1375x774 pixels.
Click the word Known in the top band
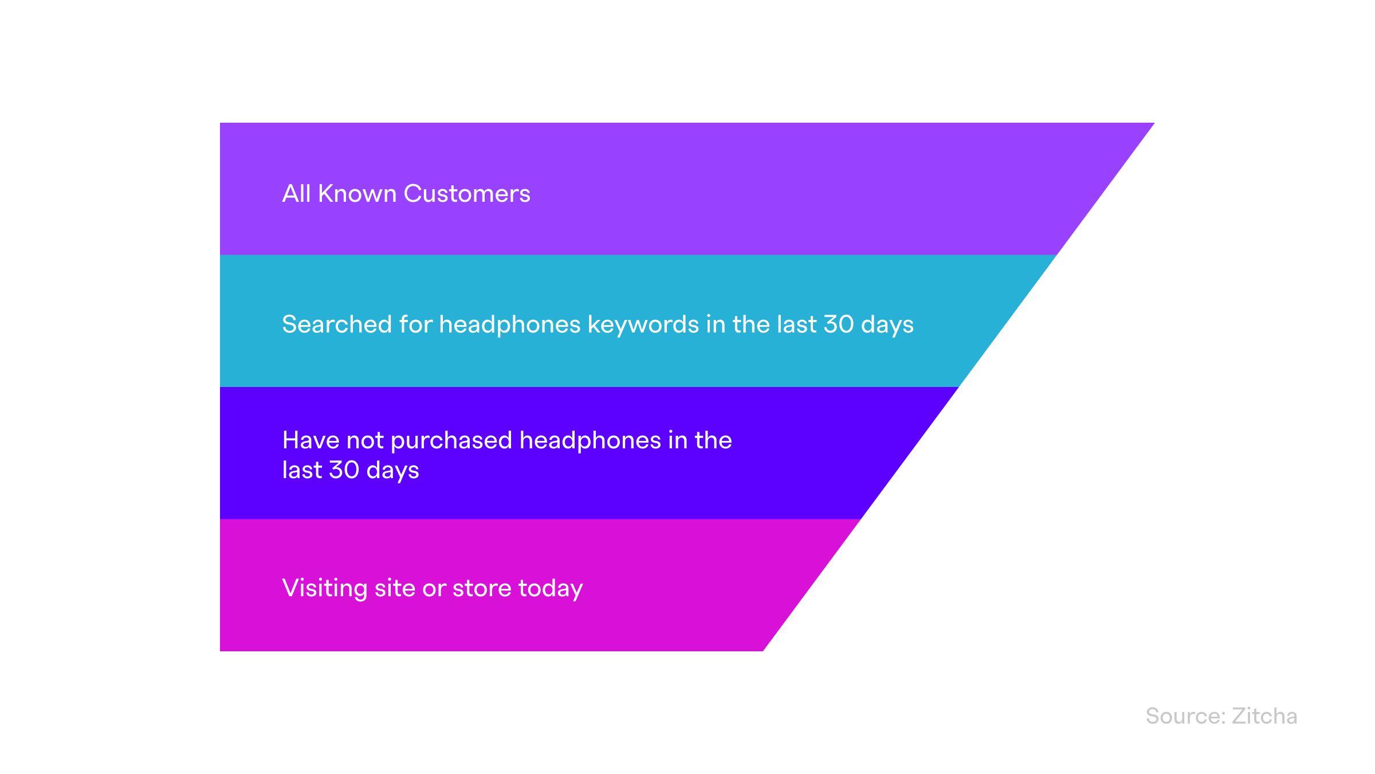click(x=357, y=194)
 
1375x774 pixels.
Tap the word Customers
click(x=467, y=194)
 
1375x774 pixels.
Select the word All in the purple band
click(x=297, y=194)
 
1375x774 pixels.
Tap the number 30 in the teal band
click(x=839, y=325)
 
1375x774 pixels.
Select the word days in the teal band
click(x=887, y=325)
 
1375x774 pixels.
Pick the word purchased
click(x=451, y=441)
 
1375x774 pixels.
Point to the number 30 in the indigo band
click(x=344, y=470)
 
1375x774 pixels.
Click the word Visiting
click(x=325, y=589)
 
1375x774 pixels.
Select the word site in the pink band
click(x=395, y=588)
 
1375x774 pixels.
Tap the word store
click(x=482, y=589)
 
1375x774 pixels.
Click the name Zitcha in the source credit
click(x=1264, y=716)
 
